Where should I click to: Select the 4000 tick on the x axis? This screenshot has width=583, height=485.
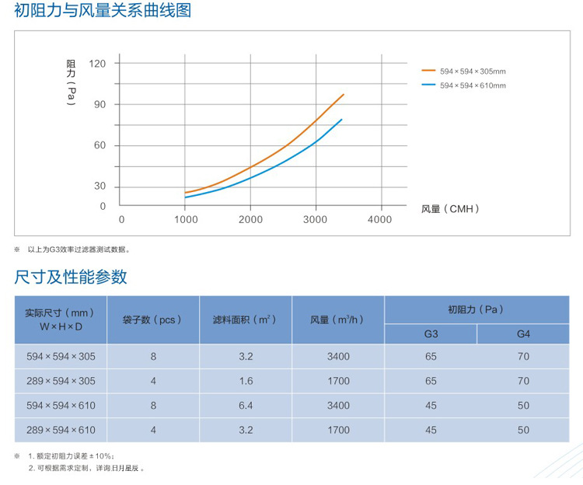(x=379, y=220)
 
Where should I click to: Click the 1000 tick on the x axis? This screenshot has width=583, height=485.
(x=185, y=220)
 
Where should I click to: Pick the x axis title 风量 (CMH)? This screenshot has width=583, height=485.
(x=450, y=208)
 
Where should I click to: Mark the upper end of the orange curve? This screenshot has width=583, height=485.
(x=343, y=95)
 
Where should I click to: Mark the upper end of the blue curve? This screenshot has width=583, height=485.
(x=341, y=120)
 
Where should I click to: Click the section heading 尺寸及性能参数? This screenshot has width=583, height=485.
(x=71, y=277)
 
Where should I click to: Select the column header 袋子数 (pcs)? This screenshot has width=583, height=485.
(x=153, y=319)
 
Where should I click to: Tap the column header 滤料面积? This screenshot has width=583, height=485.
(x=245, y=319)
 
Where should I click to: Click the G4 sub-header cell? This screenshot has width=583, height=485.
(x=523, y=333)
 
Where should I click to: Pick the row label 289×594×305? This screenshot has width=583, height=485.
(x=60, y=381)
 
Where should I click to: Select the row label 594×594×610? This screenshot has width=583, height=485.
(x=60, y=405)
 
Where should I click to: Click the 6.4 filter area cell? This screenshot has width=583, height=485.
(x=246, y=405)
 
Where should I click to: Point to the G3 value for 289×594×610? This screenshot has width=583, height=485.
(x=431, y=429)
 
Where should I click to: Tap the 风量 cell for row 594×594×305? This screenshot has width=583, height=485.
(x=338, y=357)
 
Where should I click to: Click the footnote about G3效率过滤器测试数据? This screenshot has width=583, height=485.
(x=79, y=249)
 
